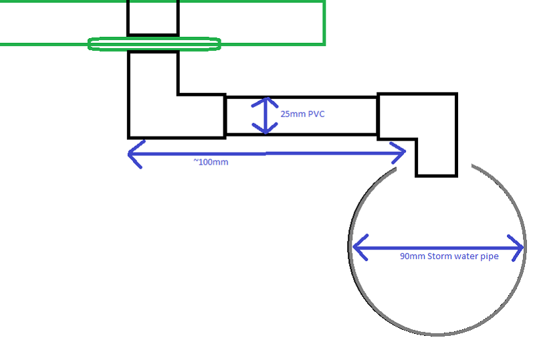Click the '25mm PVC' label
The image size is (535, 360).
pyautogui.click(x=303, y=114)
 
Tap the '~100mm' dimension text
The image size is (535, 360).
pyautogui.click(x=210, y=162)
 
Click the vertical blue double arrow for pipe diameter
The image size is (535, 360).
pyautogui.click(x=266, y=115)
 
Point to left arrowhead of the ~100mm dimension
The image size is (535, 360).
pyautogui.click(x=132, y=153)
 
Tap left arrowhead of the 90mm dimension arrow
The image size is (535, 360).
pyautogui.click(x=357, y=248)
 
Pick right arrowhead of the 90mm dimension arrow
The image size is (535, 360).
pyautogui.click(x=518, y=248)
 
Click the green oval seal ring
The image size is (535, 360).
pyautogui.click(x=154, y=44)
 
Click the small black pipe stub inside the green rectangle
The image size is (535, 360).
pyautogui.click(x=153, y=17)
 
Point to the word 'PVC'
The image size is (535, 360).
pyautogui.click(x=316, y=114)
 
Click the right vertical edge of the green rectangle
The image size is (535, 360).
pyautogui.click(x=325, y=23)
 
